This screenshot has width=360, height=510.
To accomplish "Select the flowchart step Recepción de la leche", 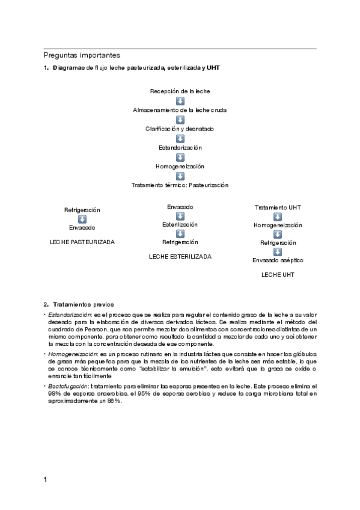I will pos(180,91).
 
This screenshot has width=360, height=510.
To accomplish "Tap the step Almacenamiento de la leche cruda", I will pos(180,110).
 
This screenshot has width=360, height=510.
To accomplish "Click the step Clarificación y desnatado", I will pos(180,129).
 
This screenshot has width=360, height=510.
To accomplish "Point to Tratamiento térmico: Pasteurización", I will pos(180,185).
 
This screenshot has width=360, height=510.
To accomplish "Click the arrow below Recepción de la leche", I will pos(180,100).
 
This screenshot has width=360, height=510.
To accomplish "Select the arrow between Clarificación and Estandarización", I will pos(180,138).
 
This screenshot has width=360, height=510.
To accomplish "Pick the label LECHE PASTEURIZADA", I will pos(82,242).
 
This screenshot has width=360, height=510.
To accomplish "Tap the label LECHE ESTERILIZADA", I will pos(180,256).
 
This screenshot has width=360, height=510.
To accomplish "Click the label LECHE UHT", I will pos(278,274).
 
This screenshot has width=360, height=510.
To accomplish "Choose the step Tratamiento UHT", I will pos(278,207).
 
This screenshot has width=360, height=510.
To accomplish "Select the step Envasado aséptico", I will pos(278,260).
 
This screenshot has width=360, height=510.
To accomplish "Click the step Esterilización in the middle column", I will pos(180,224).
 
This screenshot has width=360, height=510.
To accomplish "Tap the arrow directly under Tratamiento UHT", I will pos(278,217).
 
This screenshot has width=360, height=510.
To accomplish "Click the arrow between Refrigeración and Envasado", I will pos(82,219).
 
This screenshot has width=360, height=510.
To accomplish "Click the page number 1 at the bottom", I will pos(46,480).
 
